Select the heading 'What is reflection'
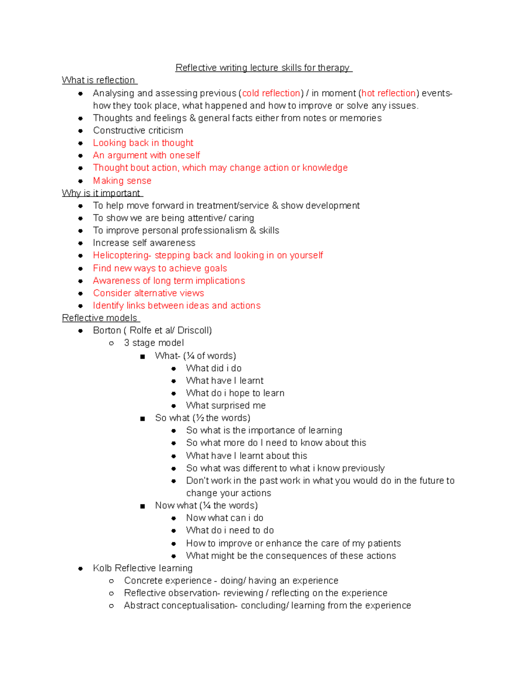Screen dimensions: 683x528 coord(99,80)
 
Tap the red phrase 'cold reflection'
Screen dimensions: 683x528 coord(271,93)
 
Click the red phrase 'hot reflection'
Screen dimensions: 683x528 coord(389,93)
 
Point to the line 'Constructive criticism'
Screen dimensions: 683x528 coord(138,131)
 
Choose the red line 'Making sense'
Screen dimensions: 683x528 coord(122,181)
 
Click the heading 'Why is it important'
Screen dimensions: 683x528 coord(101,193)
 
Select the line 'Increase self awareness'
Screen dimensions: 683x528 coord(144,243)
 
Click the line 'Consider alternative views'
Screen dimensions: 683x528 coord(148,293)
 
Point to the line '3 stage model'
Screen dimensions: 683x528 coord(154,343)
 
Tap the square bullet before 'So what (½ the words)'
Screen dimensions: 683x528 coord(142,419)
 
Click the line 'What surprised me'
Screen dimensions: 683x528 coord(226,405)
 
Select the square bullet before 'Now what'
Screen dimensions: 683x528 coord(142,506)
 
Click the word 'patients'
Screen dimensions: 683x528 coord(384,544)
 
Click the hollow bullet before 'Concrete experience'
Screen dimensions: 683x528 coord(111,581)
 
